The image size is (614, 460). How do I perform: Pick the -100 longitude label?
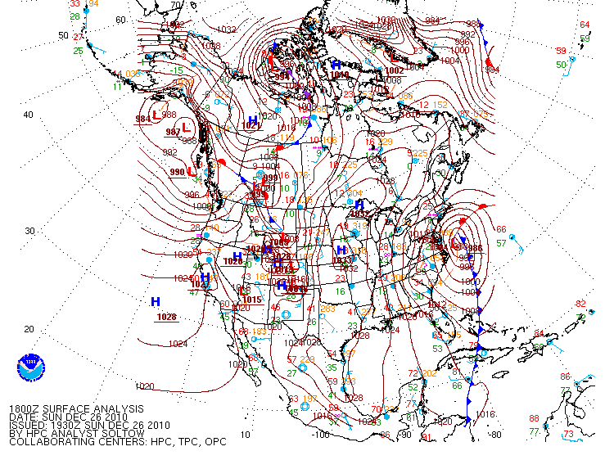[320, 435]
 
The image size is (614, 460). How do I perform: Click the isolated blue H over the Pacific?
[155, 302]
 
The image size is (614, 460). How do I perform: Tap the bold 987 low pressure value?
[174, 132]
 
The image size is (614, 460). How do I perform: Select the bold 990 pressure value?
[177, 173]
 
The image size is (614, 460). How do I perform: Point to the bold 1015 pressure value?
[252, 300]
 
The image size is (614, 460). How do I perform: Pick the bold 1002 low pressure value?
[395, 70]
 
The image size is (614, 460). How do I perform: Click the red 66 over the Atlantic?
[501, 229]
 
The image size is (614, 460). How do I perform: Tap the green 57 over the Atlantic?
[501, 242]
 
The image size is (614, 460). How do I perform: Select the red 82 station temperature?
[581, 304]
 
